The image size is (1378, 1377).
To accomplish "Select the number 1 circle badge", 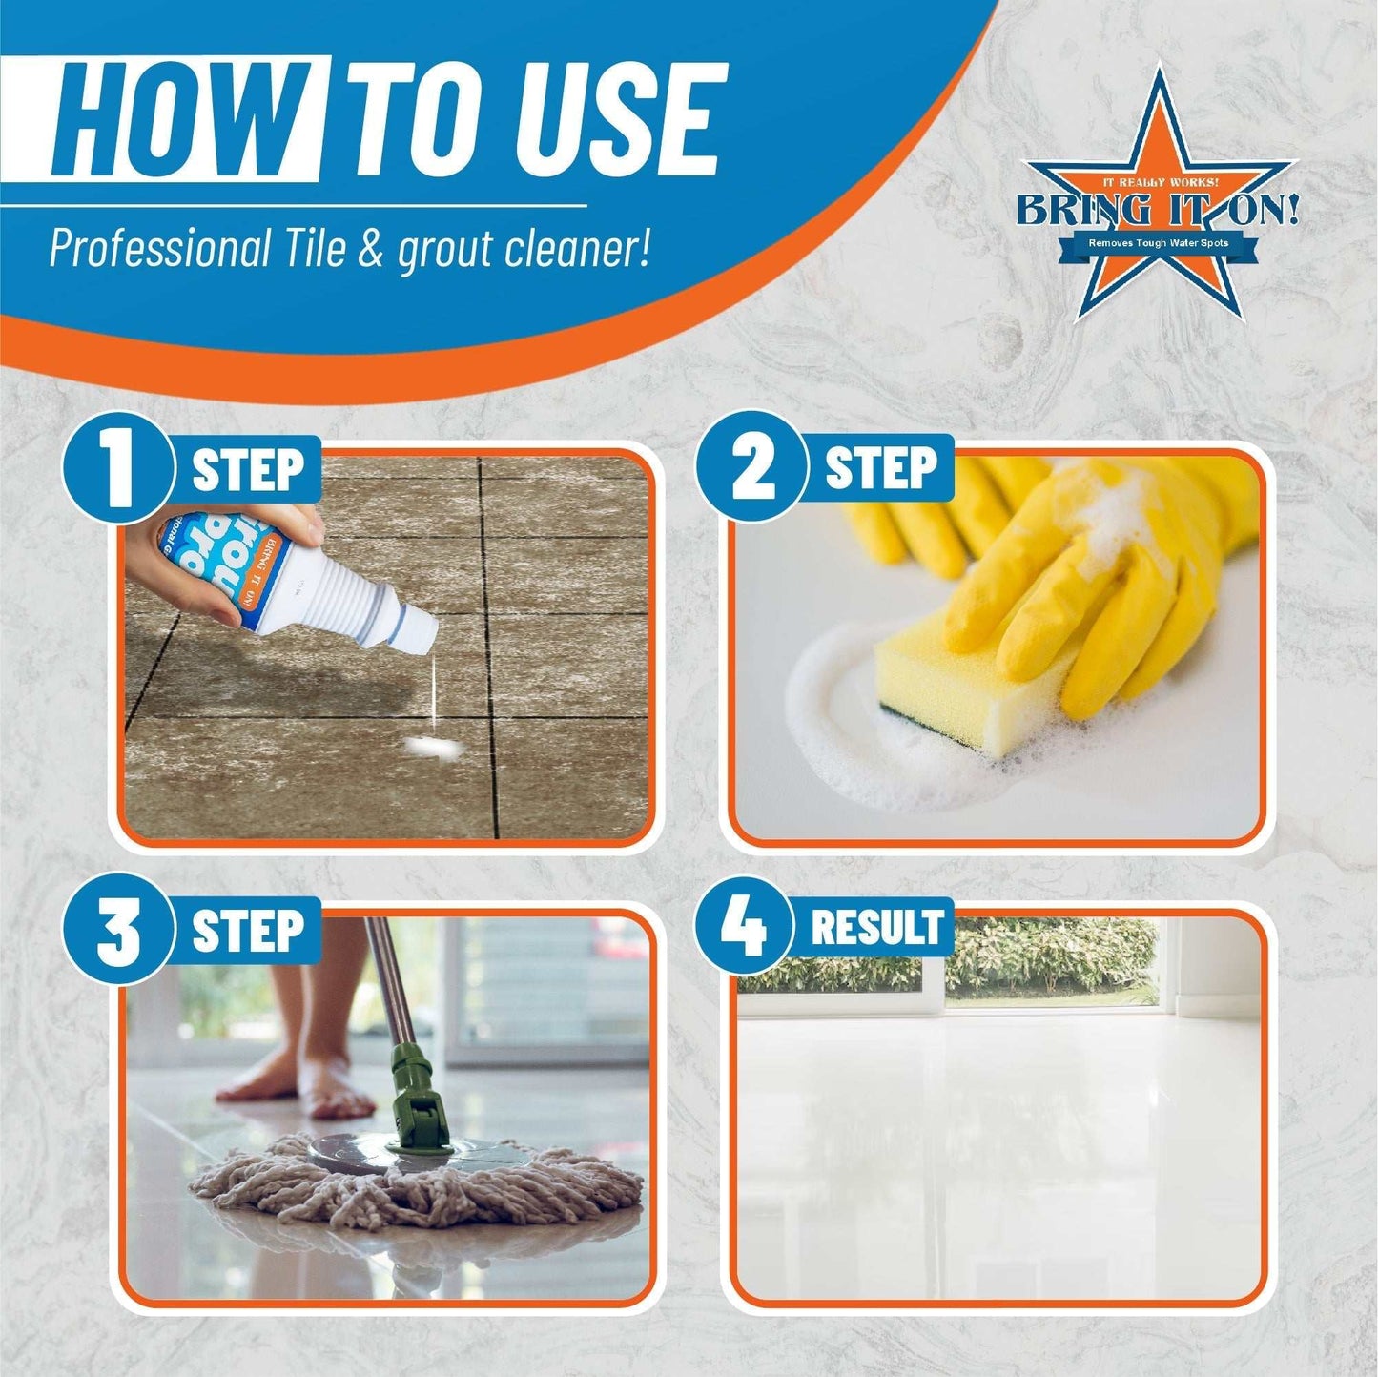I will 118,468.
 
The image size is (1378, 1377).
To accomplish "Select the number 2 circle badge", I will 752,468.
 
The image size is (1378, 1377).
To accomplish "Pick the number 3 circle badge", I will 118,930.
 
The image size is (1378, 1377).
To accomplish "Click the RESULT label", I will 876,928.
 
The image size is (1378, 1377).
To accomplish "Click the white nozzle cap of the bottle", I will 416,629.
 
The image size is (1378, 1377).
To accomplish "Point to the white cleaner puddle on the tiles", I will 429,747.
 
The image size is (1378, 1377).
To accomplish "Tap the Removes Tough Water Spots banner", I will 1159,244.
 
